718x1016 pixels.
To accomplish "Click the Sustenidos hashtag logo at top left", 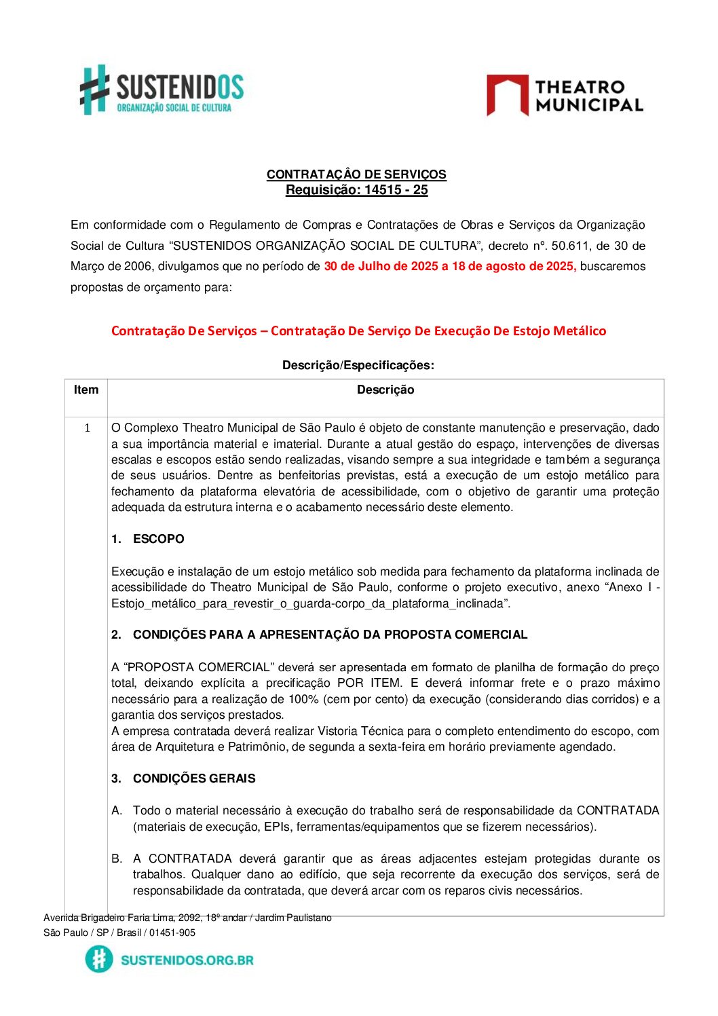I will (95, 89).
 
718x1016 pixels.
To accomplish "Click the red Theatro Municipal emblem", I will (507, 95).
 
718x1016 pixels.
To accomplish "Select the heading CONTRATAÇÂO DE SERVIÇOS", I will (356, 174).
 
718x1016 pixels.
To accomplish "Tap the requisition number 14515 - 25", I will (396, 190).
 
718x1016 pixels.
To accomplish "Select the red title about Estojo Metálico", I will (358, 331).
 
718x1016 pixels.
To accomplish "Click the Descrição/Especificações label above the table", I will (358, 365).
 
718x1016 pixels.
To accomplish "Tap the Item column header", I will (86, 390).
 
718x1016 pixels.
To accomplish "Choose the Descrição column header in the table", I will (385, 390).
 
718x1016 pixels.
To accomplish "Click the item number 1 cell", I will (87, 428).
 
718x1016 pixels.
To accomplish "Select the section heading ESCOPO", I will (158, 539).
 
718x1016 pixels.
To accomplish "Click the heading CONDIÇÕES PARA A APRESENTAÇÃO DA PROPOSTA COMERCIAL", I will (330, 635).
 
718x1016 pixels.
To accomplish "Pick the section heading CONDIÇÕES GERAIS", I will (194, 778).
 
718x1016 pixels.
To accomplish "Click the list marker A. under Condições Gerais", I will (117, 810).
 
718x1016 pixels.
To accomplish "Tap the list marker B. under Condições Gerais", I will (117, 859).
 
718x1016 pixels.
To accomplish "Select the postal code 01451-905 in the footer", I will (172, 933).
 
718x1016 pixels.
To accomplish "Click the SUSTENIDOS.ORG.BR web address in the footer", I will (187, 960).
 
